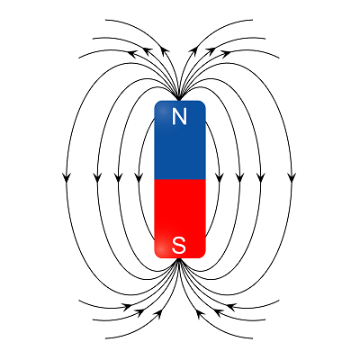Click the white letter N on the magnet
[x=179, y=117]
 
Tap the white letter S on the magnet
[x=179, y=245]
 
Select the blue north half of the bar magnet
[x=180, y=140]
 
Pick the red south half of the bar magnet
[x=180, y=219]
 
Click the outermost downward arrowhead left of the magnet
[x=67, y=177]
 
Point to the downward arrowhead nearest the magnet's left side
[x=139, y=177]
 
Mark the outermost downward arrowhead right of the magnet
[x=292, y=177]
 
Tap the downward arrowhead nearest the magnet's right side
[x=220, y=177]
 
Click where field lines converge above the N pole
[x=179, y=99]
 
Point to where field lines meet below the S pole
[x=179, y=260]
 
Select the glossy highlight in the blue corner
[x=161, y=111]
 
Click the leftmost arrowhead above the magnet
[x=133, y=53]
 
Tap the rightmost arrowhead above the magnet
[x=226, y=53]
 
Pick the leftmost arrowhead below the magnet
[x=128, y=306]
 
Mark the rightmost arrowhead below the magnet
[x=230, y=306]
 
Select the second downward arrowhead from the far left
[x=97, y=177]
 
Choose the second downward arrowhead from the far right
[x=261, y=177]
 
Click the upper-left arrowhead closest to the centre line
[x=165, y=49]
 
